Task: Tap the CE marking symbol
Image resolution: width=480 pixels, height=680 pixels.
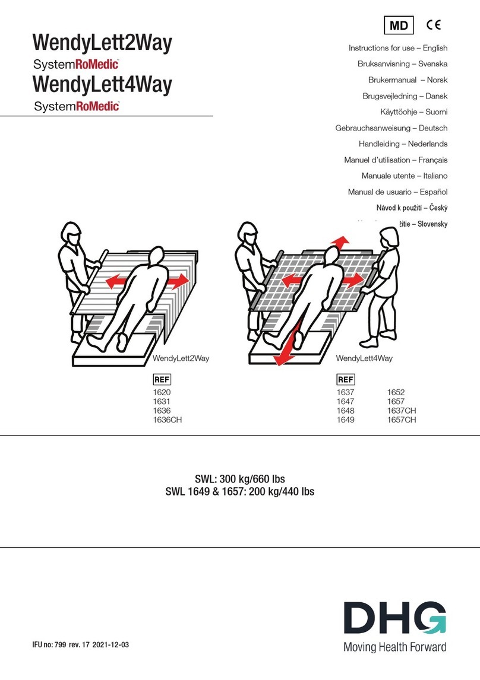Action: click(435, 25)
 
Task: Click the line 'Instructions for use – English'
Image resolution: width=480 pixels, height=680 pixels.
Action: click(397, 48)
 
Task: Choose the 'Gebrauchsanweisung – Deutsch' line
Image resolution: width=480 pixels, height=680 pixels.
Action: click(391, 128)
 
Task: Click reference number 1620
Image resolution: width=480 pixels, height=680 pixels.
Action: click(162, 392)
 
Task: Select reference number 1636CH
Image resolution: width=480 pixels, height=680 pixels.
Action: click(167, 420)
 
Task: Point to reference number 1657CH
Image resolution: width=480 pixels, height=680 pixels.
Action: click(402, 420)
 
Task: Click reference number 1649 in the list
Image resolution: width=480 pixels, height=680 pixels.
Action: click(345, 420)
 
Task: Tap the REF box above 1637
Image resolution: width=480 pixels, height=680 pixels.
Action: click(345, 379)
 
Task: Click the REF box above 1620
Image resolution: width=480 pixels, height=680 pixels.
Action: click(162, 379)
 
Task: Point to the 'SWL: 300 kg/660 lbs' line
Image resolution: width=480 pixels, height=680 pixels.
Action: click(240, 479)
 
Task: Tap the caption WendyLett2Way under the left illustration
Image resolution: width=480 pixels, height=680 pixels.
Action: click(181, 358)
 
